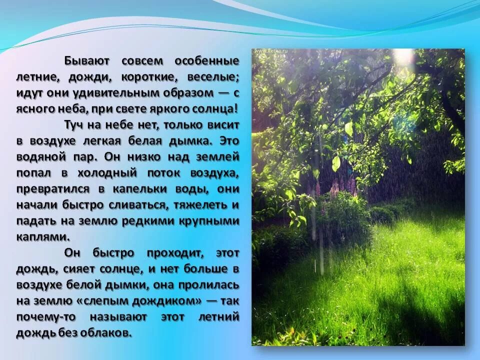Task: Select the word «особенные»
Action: pyautogui.click(x=206, y=61)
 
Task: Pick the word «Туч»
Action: pyautogui.click(x=74, y=124)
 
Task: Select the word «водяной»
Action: pyautogui.click(x=39, y=156)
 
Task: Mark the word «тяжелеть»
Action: pyautogui.click(x=202, y=204)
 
